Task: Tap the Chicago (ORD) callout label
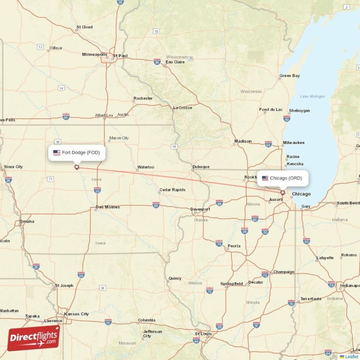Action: click(x=282, y=178)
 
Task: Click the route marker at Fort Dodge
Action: click(x=76, y=167)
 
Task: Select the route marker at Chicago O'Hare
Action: click(x=283, y=193)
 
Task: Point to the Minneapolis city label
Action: click(x=94, y=54)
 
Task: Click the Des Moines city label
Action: click(x=108, y=207)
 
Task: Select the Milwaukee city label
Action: click(x=293, y=143)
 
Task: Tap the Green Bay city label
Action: click(x=289, y=76)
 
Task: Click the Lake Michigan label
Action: click(x=312, y=96)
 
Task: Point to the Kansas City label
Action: click(x=76, y=314)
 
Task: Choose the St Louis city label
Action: click(x=203, y=333)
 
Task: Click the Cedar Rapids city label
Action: click(x=172, y=190)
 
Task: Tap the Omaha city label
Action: click(x=27, y=221)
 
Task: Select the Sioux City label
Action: click(x=13, y=166)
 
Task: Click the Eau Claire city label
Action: click(x=175, y=62)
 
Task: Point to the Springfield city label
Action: click(x=231, y=283)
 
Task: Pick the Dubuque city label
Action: click(x=201, y=166)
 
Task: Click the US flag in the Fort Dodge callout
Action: click(x=57, y=153)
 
